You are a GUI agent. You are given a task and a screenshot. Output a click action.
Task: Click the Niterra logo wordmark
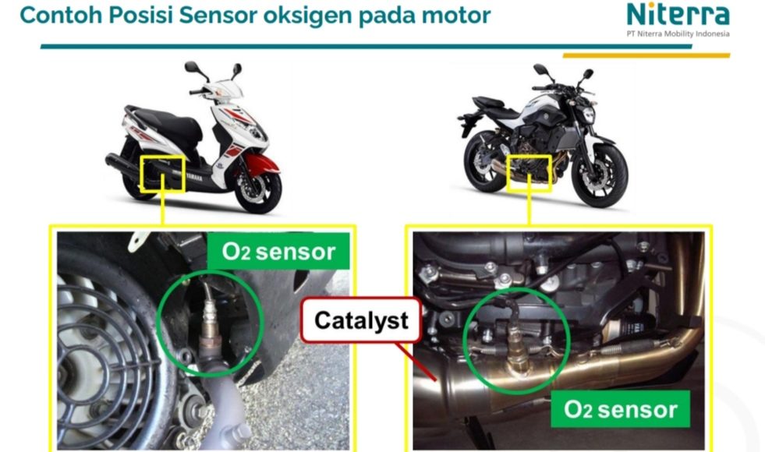(678, 15)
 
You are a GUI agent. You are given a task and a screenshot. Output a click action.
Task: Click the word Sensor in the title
(218, 15)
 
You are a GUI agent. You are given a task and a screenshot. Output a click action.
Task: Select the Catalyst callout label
(361, 320)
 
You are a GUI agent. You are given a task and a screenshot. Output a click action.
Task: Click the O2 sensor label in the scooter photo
(278, 251)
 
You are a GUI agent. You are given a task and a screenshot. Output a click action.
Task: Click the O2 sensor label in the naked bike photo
(620, 409)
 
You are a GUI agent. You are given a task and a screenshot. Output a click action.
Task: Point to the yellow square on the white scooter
(162, 174)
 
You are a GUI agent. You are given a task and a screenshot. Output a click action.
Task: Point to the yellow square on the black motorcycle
(529, 173)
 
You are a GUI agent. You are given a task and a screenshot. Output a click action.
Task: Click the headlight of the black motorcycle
(589, 115)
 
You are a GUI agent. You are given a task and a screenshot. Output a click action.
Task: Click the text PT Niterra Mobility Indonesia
(678, 34)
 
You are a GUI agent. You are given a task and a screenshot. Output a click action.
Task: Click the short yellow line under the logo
(646, 55)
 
